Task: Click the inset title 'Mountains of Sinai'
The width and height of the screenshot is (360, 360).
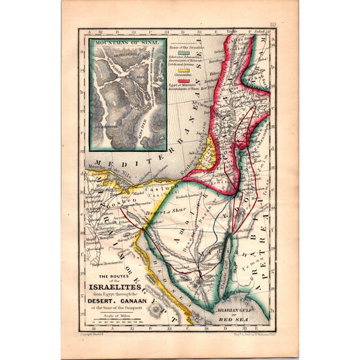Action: pos(127,43)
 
